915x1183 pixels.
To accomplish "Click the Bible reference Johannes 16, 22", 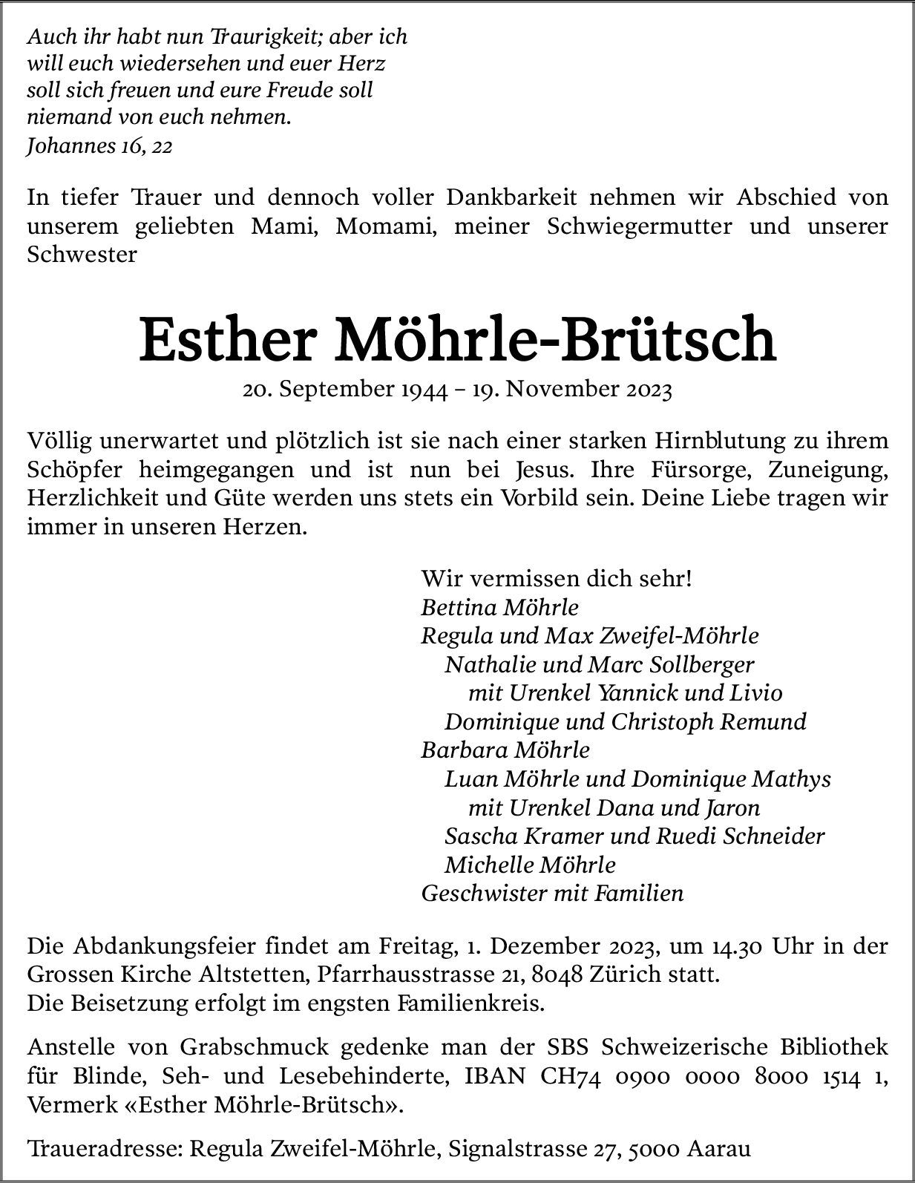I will (99, 146).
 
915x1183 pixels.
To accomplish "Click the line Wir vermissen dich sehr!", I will (557, 578).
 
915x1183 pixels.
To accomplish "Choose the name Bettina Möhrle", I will (499, 607).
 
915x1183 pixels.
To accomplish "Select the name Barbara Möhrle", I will (505, 750).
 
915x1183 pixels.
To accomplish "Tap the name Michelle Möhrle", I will (530, 865).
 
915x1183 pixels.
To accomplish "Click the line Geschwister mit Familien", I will (552, 893).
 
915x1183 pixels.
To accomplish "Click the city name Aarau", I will (719, 1149).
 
